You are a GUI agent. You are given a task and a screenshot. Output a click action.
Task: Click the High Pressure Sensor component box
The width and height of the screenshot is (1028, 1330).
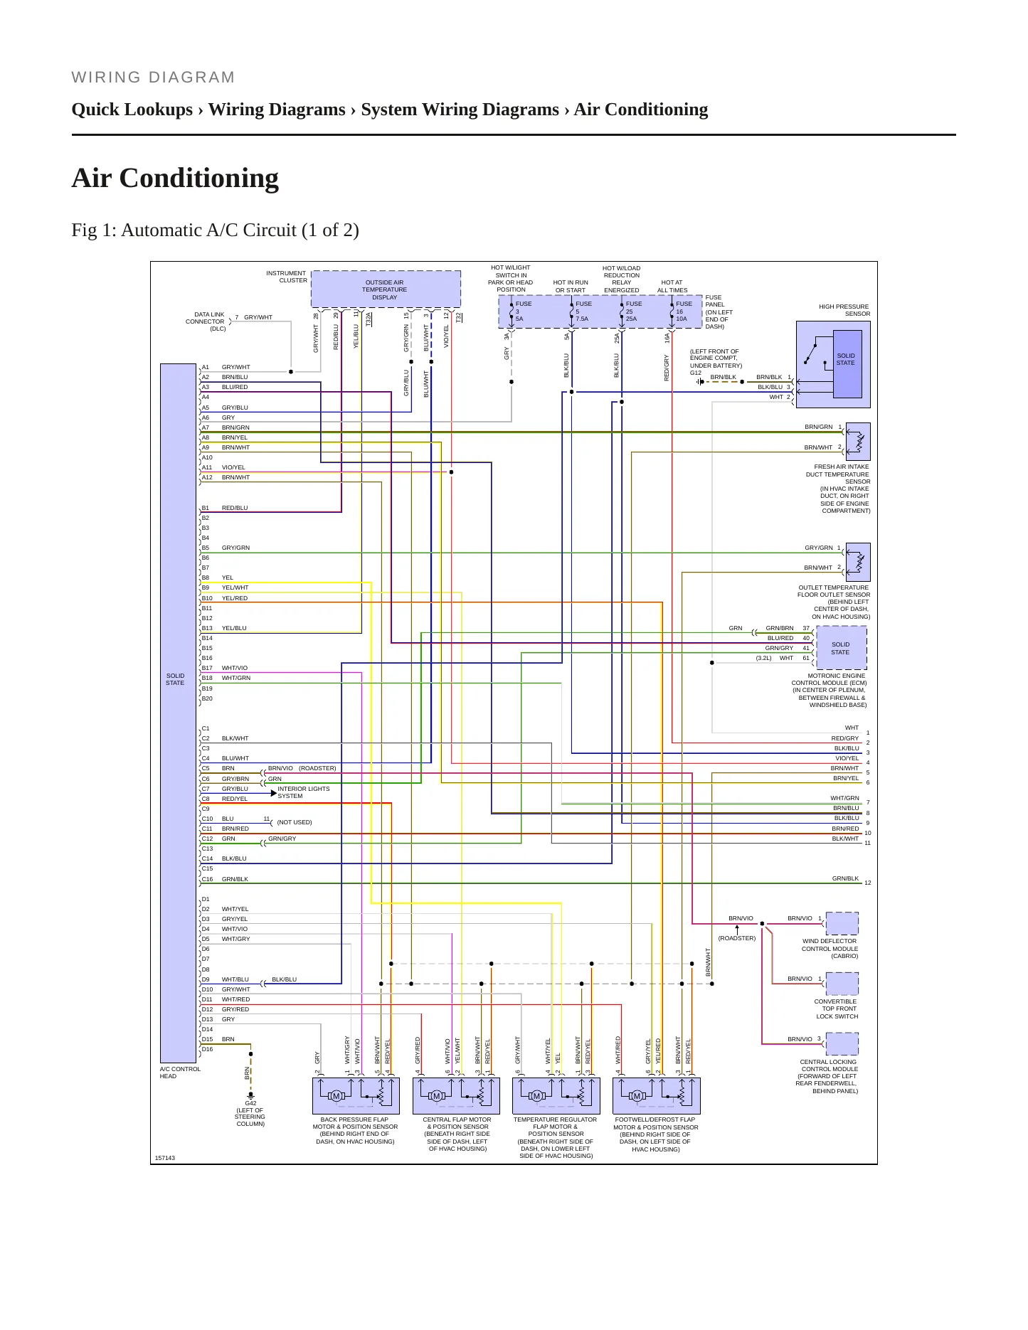pos(833,364)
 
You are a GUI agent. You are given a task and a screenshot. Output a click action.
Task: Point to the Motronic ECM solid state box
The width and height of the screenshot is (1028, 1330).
pos(841,648)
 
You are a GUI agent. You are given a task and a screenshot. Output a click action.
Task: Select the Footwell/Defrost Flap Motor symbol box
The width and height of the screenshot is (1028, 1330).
pos(657,1095)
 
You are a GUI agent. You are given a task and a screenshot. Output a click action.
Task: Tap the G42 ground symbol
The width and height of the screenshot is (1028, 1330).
pos(250,1096)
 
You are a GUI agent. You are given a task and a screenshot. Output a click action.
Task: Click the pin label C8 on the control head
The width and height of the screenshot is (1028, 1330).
pos(206,799)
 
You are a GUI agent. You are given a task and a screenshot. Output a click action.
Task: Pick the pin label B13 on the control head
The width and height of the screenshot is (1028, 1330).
pos(207,628)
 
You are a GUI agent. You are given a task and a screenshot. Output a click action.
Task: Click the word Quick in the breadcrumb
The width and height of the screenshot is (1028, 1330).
pos(97,110)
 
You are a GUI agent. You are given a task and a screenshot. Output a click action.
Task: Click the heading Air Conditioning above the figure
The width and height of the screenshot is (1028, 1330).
pos(175,178)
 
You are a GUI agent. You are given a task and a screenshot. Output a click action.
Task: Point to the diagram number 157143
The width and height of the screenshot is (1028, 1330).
pos(165,1158)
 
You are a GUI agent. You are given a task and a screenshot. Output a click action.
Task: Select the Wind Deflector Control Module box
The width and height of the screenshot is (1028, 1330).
pos(842,923)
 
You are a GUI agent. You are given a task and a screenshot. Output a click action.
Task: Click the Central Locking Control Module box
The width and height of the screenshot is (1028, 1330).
pos(842,1043)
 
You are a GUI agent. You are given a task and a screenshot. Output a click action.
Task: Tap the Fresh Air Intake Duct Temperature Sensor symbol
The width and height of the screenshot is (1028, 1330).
pos(858,442)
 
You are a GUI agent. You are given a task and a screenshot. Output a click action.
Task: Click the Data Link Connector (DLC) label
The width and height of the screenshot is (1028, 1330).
pos(205,321)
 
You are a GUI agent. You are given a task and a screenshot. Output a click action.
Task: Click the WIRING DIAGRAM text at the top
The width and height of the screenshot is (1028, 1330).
pos(153,78)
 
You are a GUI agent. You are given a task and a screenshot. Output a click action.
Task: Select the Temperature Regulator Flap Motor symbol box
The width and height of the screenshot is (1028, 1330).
pos(556,1095)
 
